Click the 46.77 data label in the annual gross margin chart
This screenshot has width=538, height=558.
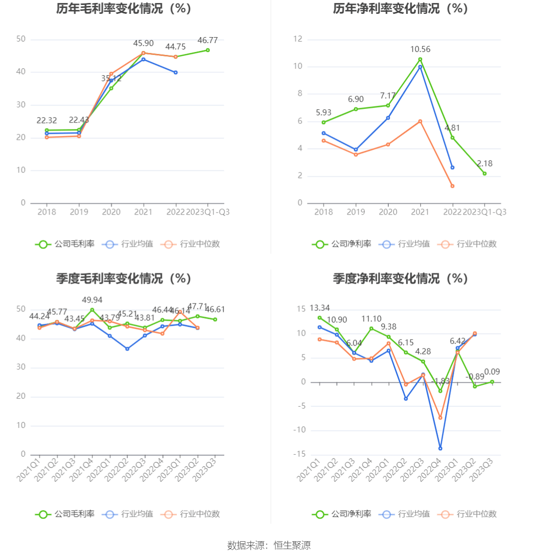[x=207, y=40]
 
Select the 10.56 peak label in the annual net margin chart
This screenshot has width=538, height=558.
[x=420, y=49]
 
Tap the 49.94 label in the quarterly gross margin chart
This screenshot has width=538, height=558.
[x=92, y=300]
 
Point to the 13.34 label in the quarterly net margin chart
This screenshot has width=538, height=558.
[x=320, y=308]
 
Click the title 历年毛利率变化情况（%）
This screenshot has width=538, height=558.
[x=124, y=9]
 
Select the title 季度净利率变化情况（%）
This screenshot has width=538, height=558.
[x=400, y=279]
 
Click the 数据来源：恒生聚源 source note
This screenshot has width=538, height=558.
[x=269, y=545]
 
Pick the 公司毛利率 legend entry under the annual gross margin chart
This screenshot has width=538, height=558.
[x=65, y=244]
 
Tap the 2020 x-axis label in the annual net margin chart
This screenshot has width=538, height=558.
[x=388, y=212]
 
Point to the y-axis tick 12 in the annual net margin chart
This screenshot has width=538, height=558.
[x=297, y=40]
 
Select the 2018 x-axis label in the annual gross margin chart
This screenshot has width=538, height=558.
[x=47, y=212]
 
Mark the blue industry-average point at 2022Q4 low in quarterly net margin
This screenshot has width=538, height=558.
[x=440, y=448]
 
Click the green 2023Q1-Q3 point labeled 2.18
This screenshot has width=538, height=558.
[x=485, y=173]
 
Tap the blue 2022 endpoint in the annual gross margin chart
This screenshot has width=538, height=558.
[x=175, y=73]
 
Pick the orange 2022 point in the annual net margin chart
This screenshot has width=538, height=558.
[x=452, y=186]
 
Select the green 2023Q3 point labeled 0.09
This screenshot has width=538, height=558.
[x=492, y=382]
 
